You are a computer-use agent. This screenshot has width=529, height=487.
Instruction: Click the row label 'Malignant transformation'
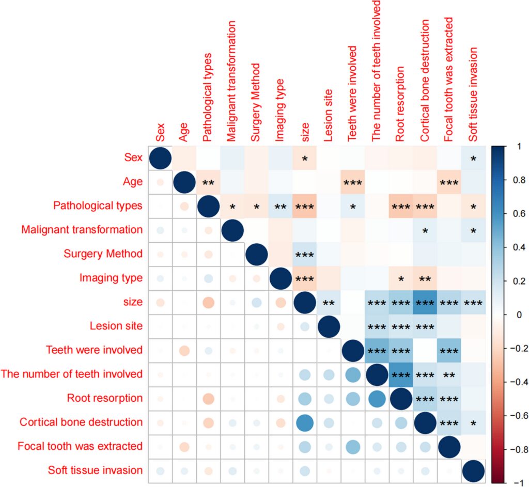coord(82,229)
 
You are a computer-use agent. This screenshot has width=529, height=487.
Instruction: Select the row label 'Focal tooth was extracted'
coord(80,446)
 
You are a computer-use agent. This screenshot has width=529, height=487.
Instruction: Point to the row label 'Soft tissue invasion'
coord(95,470)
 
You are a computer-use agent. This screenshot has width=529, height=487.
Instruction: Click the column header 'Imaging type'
coord(279,109)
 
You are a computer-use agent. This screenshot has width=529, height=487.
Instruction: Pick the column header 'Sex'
coord(160,132)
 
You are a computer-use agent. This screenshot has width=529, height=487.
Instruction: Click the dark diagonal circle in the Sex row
coord(160,158)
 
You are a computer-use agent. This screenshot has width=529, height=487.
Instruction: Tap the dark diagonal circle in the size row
coord(304,302)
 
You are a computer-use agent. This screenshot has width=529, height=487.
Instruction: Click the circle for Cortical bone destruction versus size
coord(304,422)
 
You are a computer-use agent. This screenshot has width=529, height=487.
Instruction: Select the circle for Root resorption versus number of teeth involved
coord(376,398)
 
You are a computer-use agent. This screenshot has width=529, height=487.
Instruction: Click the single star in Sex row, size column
coord(304,158)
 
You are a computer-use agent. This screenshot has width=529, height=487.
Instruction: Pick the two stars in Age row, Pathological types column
coord(208,182)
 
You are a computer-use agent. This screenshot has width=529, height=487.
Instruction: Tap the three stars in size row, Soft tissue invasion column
coord(472,303)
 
